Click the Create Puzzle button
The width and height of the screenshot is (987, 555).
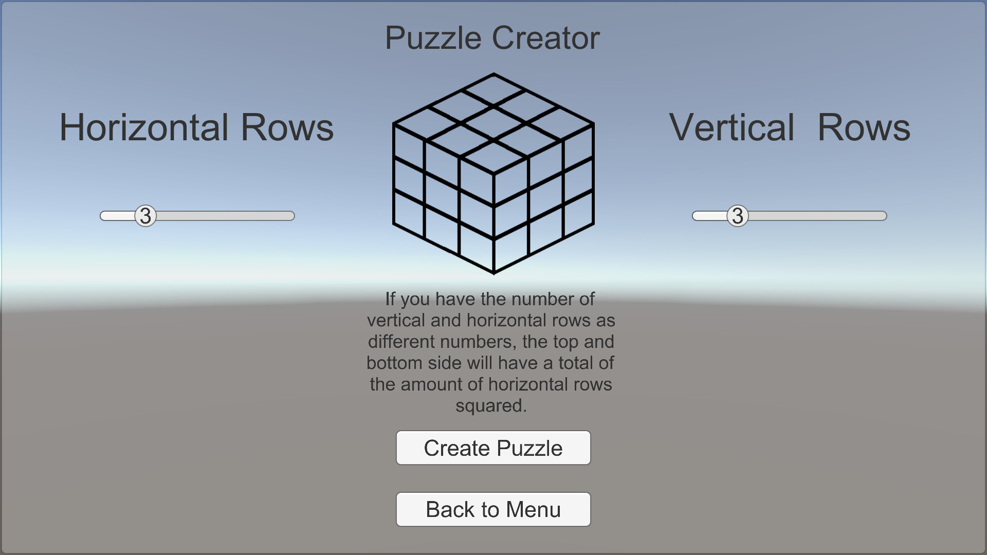493,448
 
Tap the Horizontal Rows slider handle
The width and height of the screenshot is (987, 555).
145,216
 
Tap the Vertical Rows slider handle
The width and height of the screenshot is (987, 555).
738,216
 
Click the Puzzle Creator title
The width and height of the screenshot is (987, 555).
492,38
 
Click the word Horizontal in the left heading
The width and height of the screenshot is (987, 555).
144,127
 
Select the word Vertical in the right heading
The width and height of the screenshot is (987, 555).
732,127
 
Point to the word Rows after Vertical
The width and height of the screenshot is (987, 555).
864,127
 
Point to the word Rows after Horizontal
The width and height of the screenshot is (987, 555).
287,127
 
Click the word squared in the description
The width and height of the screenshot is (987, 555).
490,405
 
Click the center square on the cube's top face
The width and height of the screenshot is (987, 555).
493,123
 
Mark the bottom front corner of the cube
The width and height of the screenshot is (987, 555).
493,272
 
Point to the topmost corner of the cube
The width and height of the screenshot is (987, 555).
493,74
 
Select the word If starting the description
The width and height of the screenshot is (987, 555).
391,299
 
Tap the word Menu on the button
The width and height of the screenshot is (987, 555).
533,510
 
